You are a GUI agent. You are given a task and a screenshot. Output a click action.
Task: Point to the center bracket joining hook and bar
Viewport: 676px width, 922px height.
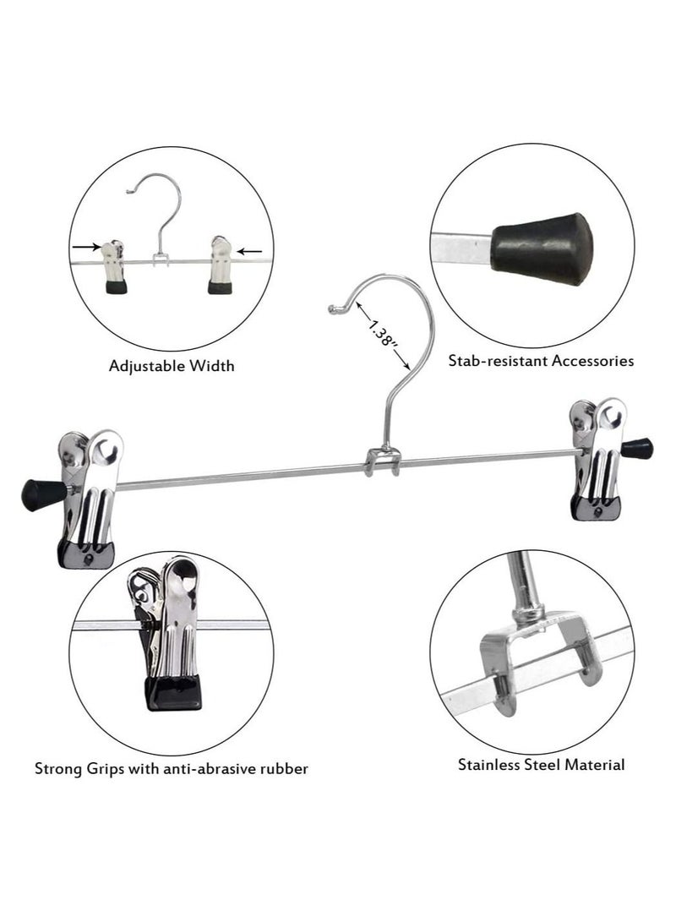click(381, 464)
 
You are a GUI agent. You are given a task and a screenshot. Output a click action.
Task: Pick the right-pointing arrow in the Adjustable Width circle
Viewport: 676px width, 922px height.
click(84, 248)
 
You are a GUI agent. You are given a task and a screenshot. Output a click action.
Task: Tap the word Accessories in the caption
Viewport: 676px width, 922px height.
click(592, 361)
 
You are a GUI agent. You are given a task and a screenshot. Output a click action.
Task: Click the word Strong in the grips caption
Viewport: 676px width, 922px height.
click(57, 769)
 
